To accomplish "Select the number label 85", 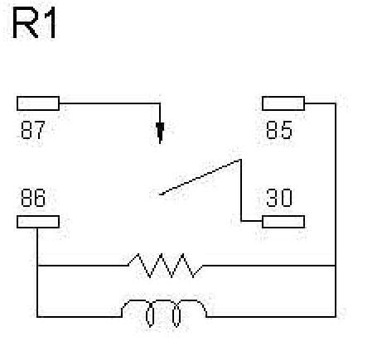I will click(279, 130).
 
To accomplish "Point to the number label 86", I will click(33, 199).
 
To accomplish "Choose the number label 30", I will click(279, 199).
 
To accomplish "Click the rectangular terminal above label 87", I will click(38, 103).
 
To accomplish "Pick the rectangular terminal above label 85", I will click(283, 103).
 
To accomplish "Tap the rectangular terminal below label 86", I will click(38, 221).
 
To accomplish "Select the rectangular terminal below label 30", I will click(283, 221).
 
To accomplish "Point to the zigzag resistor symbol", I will click(164, 266).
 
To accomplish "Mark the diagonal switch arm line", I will click(200, 177).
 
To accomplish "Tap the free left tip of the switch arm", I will click(159, 195).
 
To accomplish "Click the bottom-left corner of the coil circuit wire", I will click(38, 316).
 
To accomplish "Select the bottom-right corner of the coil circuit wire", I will click(336, 316).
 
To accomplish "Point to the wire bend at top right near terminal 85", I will click(336, 103).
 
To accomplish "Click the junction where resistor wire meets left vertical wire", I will click(38, 266).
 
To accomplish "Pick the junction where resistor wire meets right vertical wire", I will click(336, 266).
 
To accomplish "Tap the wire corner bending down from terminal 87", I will click(160, 103).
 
